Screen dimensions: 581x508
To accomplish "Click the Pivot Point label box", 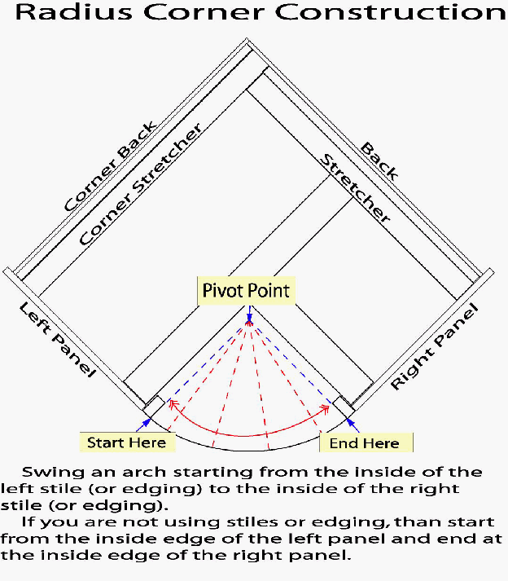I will tap(245, 290).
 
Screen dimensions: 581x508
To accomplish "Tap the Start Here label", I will tap(126, 442).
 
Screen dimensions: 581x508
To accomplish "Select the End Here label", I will tap(365, 442).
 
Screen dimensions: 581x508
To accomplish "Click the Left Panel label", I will tap(57, 340).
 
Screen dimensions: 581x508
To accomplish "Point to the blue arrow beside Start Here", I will tap(147, 421).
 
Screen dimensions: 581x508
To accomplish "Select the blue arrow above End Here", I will tap(349, 420).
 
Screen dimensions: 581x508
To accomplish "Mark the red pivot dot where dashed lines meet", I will tap(249, 325).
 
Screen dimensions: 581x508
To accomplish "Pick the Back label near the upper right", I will tap(379, 161).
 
